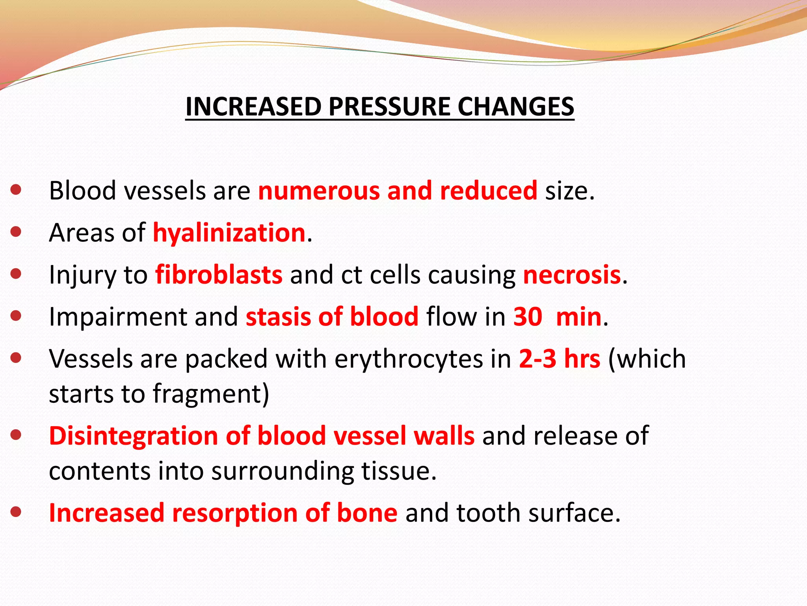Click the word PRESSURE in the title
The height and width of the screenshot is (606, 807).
coord(389,107)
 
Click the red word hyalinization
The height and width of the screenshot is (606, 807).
coord(229,232)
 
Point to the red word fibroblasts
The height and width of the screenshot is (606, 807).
coord(219,275)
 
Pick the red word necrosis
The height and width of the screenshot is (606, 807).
coord(572,275)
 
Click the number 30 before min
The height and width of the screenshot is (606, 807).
coord(528,316)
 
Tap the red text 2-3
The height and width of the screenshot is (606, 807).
coord(537,359)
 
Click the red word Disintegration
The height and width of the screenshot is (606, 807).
coord(133,436)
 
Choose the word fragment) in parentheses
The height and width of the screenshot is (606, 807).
coord(211,394)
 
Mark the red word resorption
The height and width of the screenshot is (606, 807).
coord(235,512)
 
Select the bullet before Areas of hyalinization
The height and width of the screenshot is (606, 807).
coord(16,232)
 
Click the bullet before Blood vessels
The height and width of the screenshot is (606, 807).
coord(16,190)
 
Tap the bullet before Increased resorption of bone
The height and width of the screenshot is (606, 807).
coord(16,512)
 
